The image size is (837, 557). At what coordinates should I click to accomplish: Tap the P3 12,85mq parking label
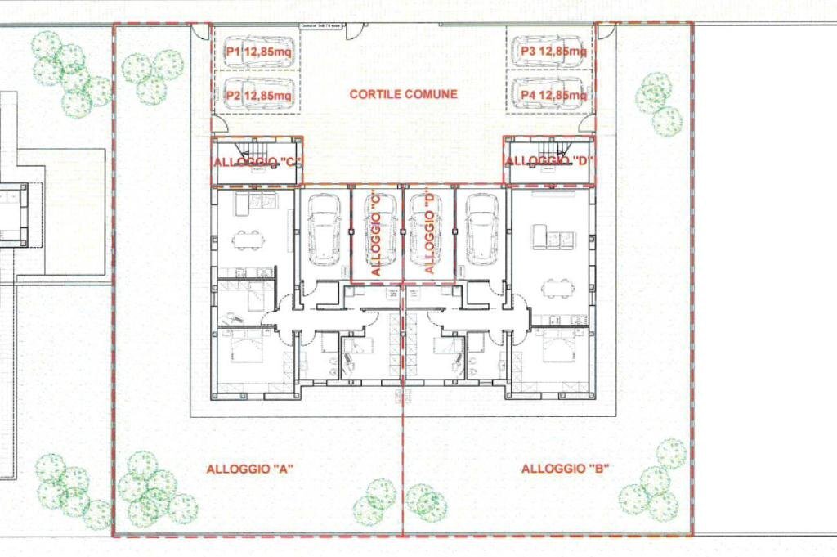553,52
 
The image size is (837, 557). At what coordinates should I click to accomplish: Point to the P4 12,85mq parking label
553,96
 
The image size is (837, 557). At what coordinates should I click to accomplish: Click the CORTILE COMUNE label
404,94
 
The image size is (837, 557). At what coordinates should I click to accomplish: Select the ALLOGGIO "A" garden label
250,469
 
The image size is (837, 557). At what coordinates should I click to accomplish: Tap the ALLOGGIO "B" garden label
567,469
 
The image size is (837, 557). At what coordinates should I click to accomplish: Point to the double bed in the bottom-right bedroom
559,348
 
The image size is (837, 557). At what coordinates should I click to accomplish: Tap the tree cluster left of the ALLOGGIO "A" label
153,492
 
